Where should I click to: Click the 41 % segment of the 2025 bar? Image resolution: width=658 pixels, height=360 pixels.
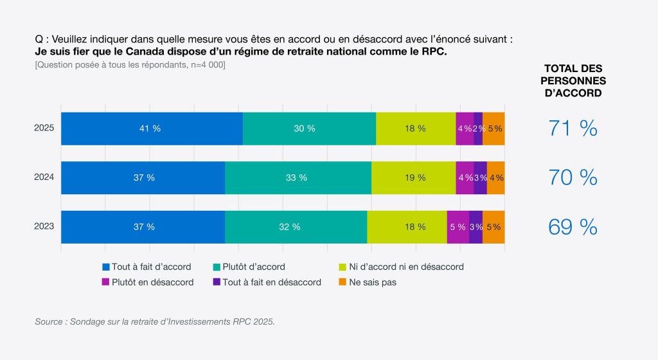152,129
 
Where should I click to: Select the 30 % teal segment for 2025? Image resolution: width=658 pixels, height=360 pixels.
309,129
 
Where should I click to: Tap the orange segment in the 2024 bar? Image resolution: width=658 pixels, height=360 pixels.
495,177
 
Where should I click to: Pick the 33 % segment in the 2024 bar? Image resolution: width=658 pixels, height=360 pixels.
298,177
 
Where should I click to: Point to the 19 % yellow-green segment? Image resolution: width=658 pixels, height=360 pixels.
413,177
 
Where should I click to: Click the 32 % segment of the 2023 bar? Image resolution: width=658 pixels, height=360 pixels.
296,227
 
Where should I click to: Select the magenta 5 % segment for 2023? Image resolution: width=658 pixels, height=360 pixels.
458,227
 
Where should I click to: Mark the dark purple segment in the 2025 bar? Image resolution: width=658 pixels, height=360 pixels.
478,129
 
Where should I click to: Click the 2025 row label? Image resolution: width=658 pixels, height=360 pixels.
44,128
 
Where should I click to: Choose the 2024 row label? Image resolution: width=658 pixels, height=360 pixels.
44,177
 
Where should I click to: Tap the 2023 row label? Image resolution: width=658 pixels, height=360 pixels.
44,226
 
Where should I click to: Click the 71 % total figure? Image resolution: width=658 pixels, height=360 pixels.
573,129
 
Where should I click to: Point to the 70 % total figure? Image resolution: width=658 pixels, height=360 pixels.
573,177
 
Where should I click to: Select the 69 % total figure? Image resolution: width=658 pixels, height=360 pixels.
573,227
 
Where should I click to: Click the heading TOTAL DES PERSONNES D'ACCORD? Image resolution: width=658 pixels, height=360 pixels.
573,80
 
